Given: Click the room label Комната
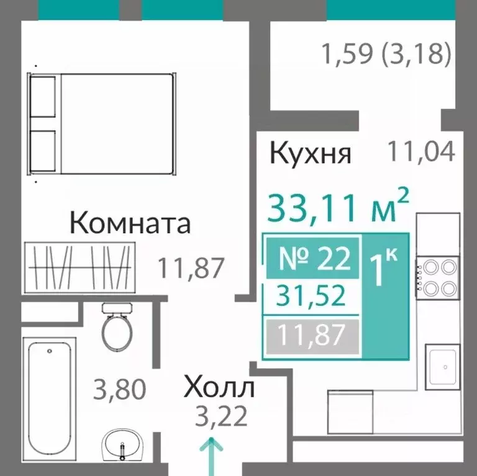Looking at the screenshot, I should click(130, 222).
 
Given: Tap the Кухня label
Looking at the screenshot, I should click(311, 153).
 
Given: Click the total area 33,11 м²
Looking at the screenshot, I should click(338, 207).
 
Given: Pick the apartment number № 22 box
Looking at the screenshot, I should click(312, 258).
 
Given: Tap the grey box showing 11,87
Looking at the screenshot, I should click(312, 335).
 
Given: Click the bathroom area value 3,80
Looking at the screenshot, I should click(119, 390).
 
